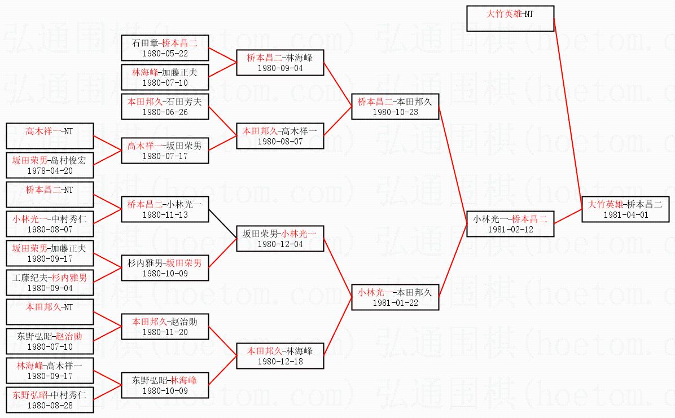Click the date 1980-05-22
click(x=165, y=54)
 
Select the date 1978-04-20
click(x=50, y=170)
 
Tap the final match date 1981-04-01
click(x=626, y=215)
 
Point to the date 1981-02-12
click(x=510, y=230)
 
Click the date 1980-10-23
click(x=395, y=112)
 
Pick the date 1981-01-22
click(x=395, y=303)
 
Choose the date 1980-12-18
click(x=280, y=362)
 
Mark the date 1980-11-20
click(x=165, y=332)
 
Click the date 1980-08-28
click(x=50, y=406)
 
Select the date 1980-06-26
click(x=165, y=112)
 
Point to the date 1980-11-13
click(x=165, y=215)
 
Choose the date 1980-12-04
click(x=280, y=244)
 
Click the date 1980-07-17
click(x=165, y=156)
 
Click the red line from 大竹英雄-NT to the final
click(x=567, y=113)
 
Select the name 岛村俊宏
click(x=68, y=160)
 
